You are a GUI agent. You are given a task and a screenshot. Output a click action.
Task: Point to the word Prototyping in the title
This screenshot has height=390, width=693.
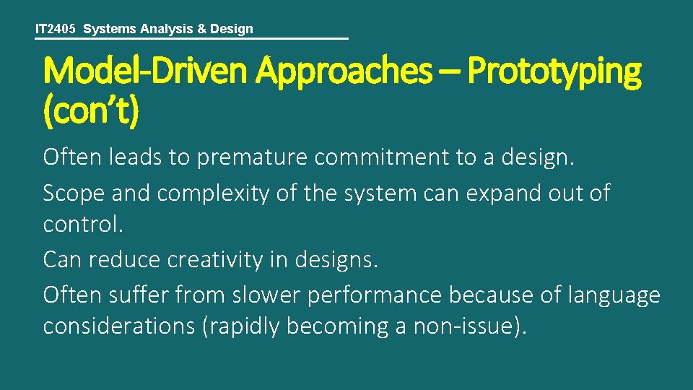tap(554, 71)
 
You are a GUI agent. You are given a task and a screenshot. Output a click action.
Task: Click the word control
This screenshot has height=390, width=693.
tap(84, 225)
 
